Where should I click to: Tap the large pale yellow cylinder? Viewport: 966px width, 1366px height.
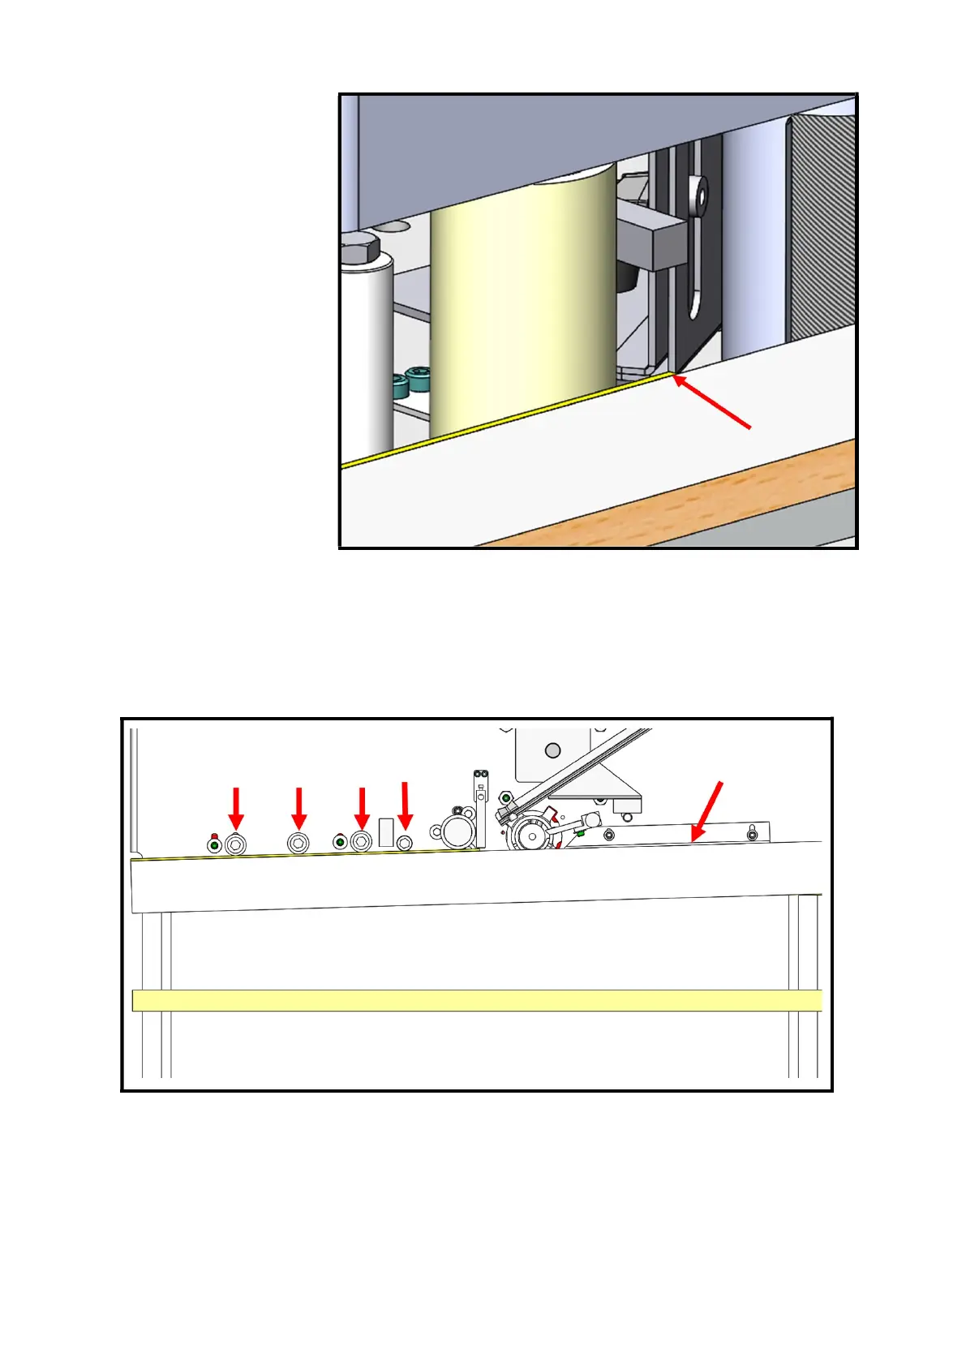pyautogui.click(x=523, y=308)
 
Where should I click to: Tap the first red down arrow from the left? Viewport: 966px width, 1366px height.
pyautogui.click(x=236, y=806)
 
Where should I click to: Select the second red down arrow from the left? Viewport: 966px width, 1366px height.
pyautogui.click(x=299, y=806)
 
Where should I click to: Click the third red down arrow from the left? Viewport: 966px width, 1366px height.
pyautogui.click(x=362, y=806)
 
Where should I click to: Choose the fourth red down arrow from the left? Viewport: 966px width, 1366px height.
pyautogui.click(x=405, y=804)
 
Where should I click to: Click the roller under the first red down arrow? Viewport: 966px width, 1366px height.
pyautogui.click(x=236, y=844)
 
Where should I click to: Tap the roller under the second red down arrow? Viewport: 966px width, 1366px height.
pyautogui.click(x=298, y=844)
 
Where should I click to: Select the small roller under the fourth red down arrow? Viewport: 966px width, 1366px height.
pyautogui.click(x=405, y=843)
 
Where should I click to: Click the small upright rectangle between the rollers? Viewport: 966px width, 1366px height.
pyautogui.click(x=386, y=833)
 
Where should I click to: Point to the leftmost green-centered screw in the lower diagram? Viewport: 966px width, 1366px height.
pyautogui.click(x=215, y=846)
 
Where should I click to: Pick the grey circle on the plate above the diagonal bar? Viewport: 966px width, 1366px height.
pyautogui.click(x=553, y=748)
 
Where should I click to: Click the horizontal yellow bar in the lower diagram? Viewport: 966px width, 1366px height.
pyautogui.click(x=477, y=1000)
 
